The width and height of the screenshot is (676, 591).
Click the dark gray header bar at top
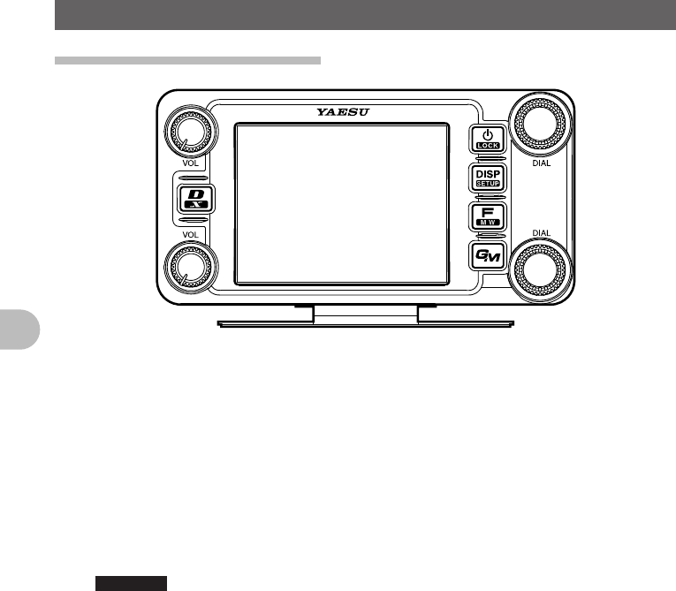point(365,14)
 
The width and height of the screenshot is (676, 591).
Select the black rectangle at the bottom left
point(132,583)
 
